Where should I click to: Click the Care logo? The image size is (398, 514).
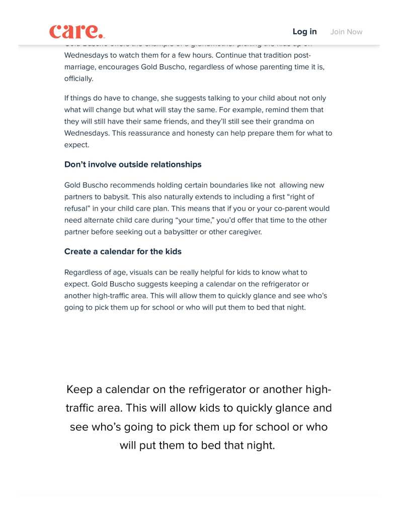[76, 32]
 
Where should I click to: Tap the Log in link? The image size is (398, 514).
[304, 32]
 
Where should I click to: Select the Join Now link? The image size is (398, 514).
[346, 32]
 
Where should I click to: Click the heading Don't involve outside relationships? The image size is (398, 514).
[133, 164]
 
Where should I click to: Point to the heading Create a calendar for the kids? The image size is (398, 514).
[123, 251]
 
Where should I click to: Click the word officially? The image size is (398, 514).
[78, 78]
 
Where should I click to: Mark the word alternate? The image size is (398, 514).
[104, 220]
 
